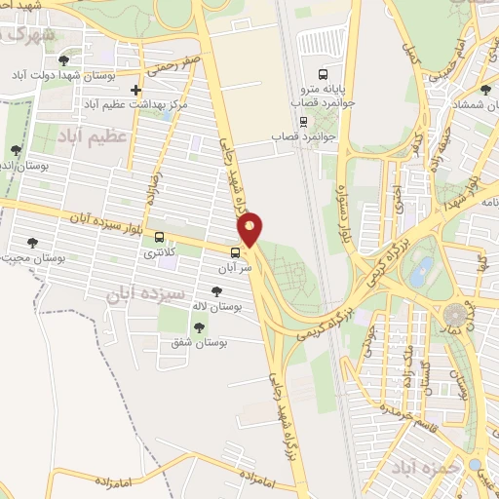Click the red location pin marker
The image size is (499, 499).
[x=250, y=229]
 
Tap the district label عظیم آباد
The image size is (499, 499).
[x=93, y=135]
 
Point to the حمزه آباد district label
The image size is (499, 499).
[x=424, y=470]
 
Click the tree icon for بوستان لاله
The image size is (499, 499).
[x=215, y=290]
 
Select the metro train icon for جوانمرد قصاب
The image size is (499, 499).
[x=304, y=122]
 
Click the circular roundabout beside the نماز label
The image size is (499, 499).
[x=455, y=315]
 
